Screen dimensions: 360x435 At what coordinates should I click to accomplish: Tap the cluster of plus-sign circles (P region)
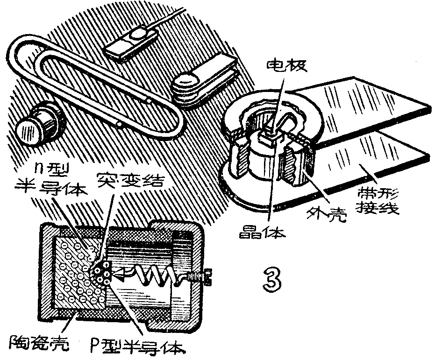click(x=101, y=273)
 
